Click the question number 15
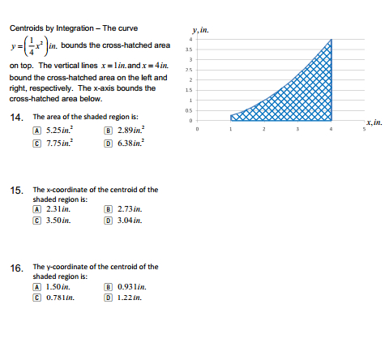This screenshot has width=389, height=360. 15,191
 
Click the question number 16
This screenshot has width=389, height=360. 15,268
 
